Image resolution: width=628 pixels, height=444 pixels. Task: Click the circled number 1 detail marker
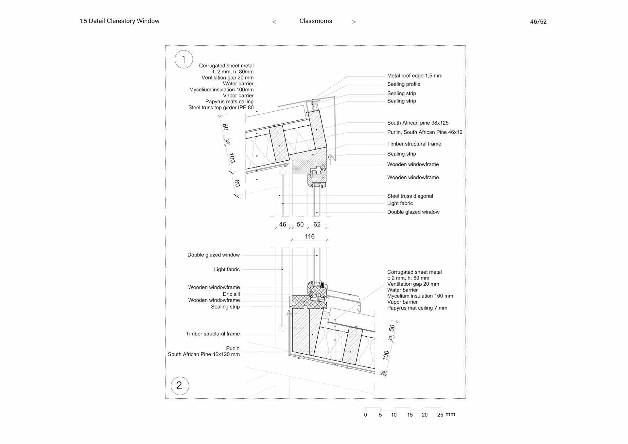pos(183,59)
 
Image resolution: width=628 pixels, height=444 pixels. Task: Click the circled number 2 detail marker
pos(180,385)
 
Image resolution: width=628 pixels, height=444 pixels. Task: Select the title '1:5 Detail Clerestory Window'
pos(120,21)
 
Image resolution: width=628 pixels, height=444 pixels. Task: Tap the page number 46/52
pos(538,22)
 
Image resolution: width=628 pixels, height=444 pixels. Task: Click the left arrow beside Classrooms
pos(274,22)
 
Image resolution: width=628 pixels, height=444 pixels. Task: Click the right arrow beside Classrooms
pos(354,22)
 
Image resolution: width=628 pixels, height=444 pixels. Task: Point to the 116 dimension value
pos(309,236)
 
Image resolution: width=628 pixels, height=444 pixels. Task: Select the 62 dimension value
pos(317,224)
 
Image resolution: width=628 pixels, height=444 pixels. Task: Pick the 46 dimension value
pos(283,224)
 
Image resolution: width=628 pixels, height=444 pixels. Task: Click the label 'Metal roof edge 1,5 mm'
pos(414,76)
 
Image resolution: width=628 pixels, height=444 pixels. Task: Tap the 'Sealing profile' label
pos(404,84)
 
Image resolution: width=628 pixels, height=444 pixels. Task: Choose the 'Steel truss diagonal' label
pos(410,196)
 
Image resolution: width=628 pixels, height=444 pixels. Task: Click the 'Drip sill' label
pos(231,294)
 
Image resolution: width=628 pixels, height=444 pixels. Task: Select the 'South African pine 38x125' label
pos(418,123)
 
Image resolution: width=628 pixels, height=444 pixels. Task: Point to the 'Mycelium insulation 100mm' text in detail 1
pos(221,90)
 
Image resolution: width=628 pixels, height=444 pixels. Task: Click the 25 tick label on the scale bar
pos(440,415)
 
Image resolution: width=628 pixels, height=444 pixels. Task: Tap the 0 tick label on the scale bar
pos(365,415)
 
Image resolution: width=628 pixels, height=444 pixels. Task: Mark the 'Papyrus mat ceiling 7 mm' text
pos(417,308)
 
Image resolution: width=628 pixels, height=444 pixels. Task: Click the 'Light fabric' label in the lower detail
pos(227,269)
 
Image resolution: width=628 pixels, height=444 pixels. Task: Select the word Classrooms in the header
pos(316,21)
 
